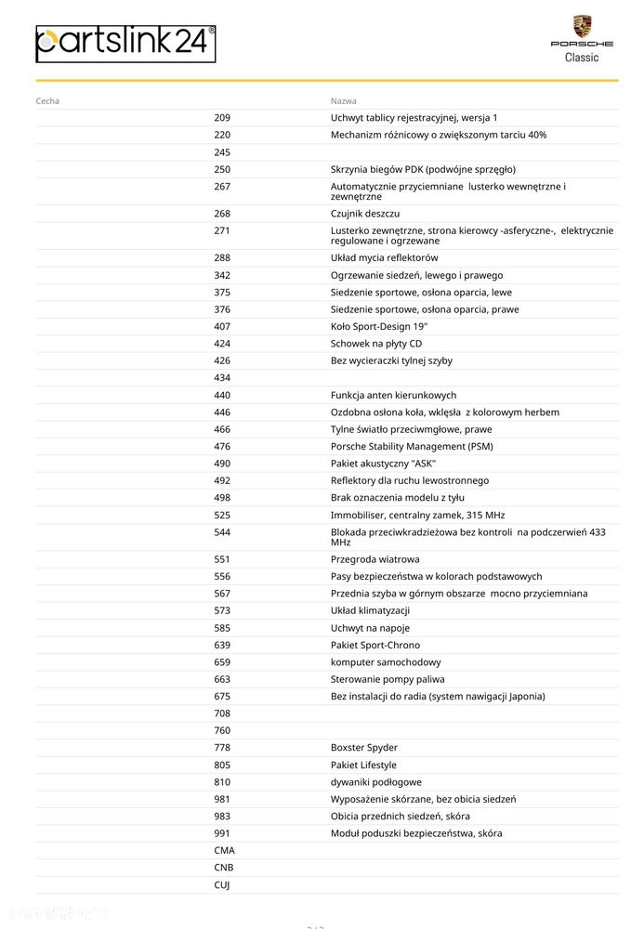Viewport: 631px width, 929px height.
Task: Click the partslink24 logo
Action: click(125, 44)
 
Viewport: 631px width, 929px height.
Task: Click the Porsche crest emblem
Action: click(582, 26)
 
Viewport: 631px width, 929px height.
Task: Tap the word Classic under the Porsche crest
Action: click(582, 58)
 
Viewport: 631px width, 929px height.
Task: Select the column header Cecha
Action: click(47, 100)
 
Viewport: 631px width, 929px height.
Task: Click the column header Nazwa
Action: click(343, 100)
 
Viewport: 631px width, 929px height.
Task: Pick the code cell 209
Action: click(222, 118)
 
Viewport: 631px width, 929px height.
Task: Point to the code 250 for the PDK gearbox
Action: click(222, 169)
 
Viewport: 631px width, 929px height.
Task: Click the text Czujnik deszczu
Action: click(365, 214)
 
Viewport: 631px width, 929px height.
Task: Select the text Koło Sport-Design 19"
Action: click(379, 327)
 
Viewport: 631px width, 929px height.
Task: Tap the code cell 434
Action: click(222, 378)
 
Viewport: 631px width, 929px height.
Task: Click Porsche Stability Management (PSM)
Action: click(412, 447)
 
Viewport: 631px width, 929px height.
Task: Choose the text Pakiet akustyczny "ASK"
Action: click(383, 464)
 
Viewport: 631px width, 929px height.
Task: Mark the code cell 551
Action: click(222, 559)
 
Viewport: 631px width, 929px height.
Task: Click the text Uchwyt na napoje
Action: click(371, 628)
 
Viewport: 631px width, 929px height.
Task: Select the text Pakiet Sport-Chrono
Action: click(375, 645)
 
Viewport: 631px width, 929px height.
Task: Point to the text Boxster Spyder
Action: click(364, 748)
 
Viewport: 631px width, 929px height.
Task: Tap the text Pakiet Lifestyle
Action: click(363, 765)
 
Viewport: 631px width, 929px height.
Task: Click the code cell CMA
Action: click(224, 850)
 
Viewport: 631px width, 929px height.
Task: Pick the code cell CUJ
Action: click(222, 885)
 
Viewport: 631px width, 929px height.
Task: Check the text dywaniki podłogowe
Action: click(376, 782)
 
